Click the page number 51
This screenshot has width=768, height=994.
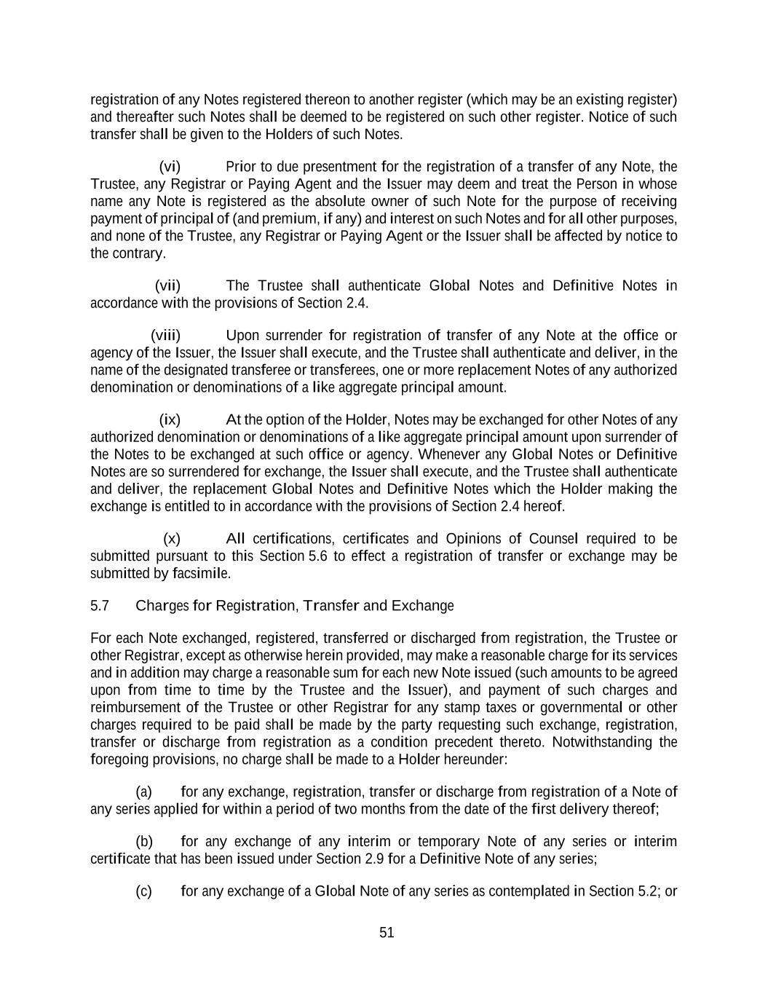click(x=387, y=933)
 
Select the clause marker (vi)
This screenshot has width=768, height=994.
click(x=170, y=167)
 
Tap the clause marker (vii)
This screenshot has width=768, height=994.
click(x=167, y=285)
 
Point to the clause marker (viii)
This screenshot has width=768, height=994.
click(x=165, y=335)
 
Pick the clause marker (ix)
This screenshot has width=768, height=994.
click(x=170, y=419)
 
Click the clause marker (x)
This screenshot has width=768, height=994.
click(x=172, y=539)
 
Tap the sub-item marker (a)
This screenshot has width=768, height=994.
click(x=143, y=792)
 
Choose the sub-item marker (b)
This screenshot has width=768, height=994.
click(x=144, y=842)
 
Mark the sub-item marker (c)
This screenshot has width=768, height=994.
click(x=143, y=891)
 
